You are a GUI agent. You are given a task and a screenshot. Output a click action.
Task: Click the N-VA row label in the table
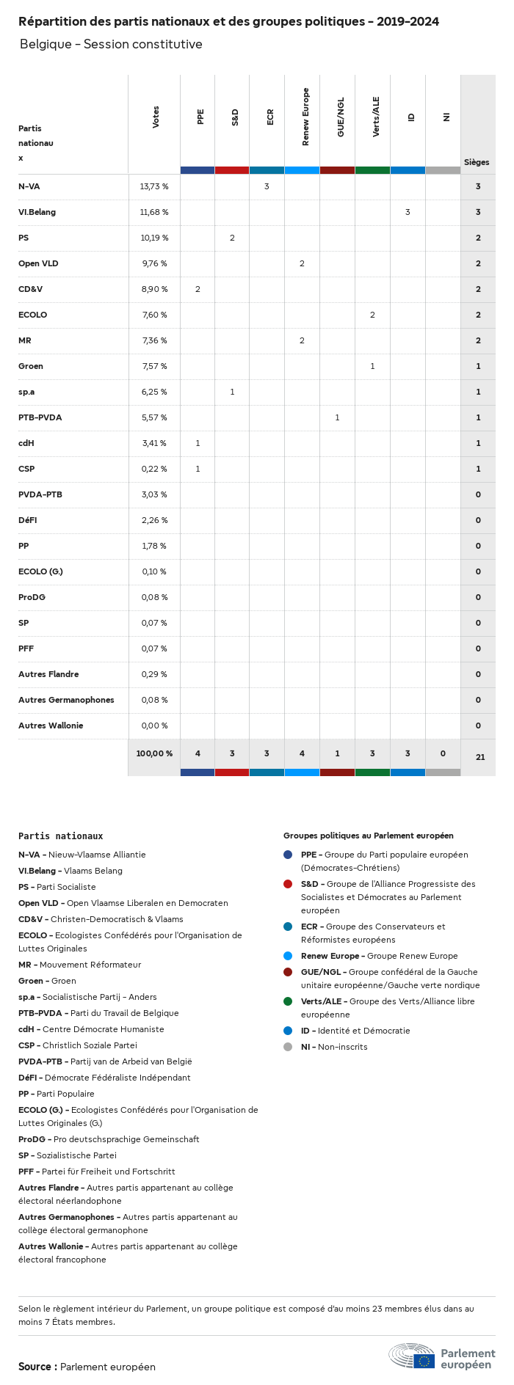[29, 186]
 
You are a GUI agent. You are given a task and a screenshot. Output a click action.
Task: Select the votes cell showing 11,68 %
[154, 212]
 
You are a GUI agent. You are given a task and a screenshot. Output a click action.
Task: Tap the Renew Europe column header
[305, 117]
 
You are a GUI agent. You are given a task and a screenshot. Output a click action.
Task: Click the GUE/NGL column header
[340, 117]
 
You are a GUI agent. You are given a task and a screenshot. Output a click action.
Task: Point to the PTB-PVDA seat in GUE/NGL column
[337, 417]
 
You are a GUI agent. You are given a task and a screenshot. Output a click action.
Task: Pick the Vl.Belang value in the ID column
[408, 212]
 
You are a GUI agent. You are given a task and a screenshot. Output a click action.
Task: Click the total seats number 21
[480, 757]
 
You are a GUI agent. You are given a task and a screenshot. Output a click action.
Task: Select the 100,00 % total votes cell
[154, 753]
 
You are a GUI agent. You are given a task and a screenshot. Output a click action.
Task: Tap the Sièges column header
[477, 162]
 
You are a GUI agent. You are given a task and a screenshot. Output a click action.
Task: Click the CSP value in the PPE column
[198, 469]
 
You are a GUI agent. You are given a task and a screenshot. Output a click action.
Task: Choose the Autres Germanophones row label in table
[66, 700]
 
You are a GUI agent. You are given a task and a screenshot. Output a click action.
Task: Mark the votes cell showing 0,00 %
[154, 726]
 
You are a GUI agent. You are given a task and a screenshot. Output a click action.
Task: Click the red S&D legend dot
[288, 884]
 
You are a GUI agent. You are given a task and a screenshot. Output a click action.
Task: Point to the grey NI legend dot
[288, 1047]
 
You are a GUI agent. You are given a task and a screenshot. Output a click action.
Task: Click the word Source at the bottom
[35, 1367]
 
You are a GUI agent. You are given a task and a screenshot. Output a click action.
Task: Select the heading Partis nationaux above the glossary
[60, 836]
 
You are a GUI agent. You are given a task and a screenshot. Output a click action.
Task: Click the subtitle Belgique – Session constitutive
[111, 44]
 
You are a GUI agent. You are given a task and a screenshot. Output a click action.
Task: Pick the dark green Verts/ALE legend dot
[288, 1001]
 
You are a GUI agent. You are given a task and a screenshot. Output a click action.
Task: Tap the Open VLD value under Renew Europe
[302, 263]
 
